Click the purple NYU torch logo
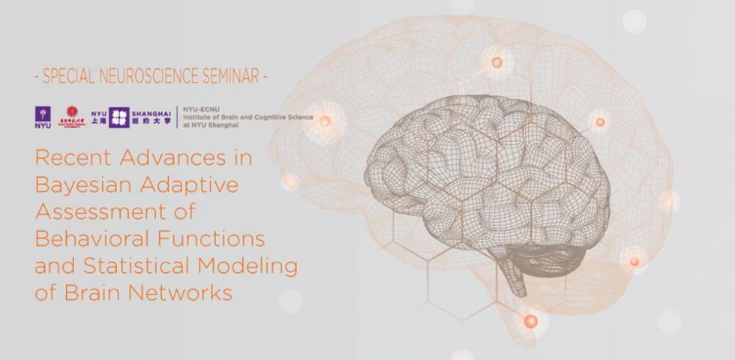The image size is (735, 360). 42,116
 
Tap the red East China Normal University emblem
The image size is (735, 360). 72,115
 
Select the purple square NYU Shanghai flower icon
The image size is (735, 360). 119,116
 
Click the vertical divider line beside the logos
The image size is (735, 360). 175,116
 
